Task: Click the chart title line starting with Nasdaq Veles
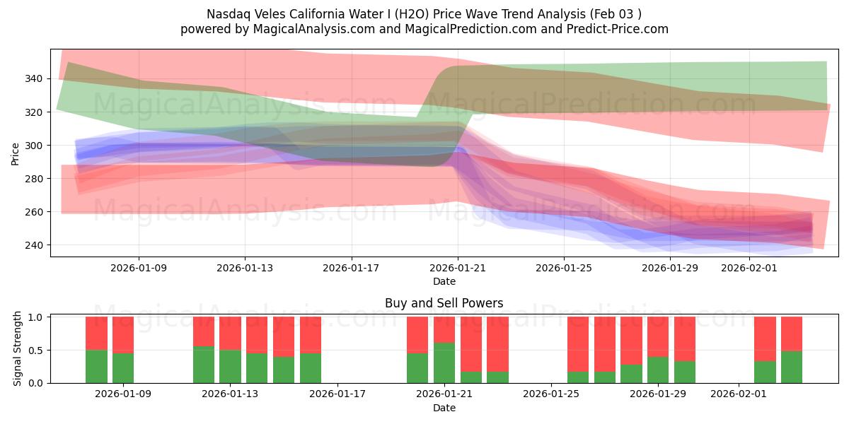[x=424, y=13]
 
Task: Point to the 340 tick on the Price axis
[x=35, y=78]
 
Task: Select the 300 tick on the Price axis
[x=35, y=146]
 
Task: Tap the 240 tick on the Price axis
[x=35, y=245]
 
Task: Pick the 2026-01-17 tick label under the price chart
[x=351, y=268]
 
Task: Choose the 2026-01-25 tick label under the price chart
[x=564, y=268]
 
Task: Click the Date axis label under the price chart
[x=444, y=281]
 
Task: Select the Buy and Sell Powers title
[x=444, y=303]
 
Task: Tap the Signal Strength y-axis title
[x=18, y=348]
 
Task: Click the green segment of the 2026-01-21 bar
[x=444, y=363]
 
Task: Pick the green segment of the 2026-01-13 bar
[x=230, y=367]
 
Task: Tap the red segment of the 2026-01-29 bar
[x=658, y=336]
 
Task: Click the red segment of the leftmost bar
[x=96, y=333]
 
